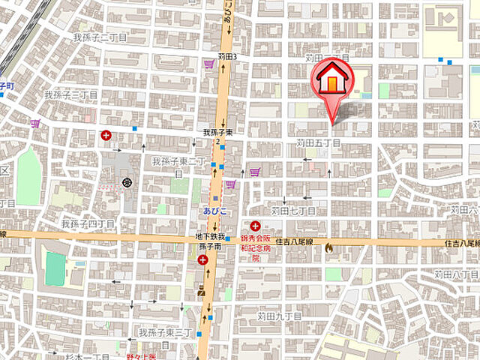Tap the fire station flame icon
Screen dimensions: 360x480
click(x=328, y=245)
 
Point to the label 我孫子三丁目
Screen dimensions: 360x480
click(x=70, y=95)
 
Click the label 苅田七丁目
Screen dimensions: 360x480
click(x=293, y=211)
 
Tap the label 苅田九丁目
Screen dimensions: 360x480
click(x=279, y=316)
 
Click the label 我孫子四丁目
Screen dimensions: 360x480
click(x=88, y=223)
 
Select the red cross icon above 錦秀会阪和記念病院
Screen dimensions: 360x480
click(x=256, y=226)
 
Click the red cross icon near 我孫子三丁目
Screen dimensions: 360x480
click(x=106, y=136)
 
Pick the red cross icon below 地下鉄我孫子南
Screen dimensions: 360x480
click(x=202, y=260)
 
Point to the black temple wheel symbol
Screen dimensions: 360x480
click(x=127, y=182)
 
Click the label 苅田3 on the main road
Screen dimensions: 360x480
click(x=227, y=56)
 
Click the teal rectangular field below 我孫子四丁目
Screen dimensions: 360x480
click(x=55, y=268)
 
